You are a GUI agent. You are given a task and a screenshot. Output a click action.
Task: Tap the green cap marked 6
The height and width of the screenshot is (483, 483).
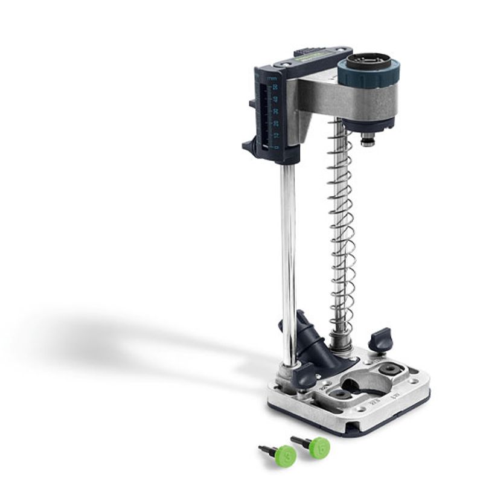point(320,447)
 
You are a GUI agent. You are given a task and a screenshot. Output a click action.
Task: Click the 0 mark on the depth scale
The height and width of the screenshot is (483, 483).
point(275,147)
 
